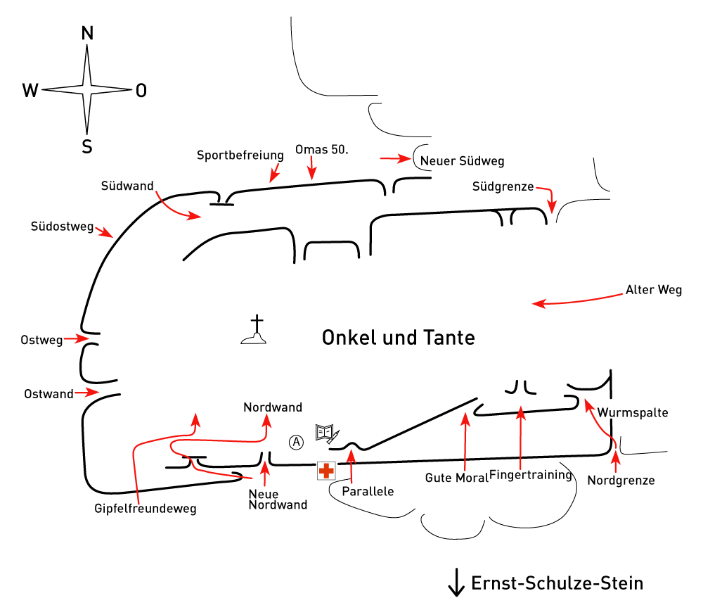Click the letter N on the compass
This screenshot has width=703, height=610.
[87, 33]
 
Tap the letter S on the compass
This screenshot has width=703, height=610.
[87, 147]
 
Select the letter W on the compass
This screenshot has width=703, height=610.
[30, 90]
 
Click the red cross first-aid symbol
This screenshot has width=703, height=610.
[326, 471]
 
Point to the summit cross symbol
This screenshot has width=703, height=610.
[254, 330]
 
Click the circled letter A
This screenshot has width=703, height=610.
[296, 443]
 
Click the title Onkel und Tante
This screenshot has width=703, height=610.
[398, 338]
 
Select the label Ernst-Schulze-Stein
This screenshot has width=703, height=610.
[557, 583]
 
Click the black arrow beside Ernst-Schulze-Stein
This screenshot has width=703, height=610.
[456, 583]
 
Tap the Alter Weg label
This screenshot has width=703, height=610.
[654, 290]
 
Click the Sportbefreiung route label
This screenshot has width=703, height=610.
[240, 155]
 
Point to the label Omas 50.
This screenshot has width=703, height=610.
[321, 149]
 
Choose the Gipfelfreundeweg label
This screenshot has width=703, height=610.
[146, 509]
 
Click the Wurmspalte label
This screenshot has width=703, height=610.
[633, 413]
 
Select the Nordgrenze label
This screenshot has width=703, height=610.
[621, 481]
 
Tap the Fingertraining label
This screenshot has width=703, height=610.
[531, 475]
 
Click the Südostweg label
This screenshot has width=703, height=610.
[62, 227]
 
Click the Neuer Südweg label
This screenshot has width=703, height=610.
[463, 161]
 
